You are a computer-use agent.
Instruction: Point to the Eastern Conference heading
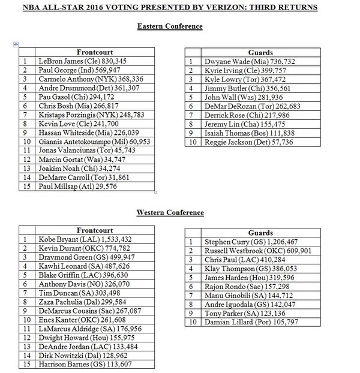[x=169, y=26]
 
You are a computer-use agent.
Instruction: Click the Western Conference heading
[x=170, y=212]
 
